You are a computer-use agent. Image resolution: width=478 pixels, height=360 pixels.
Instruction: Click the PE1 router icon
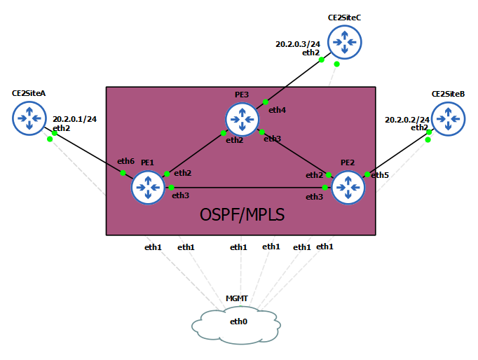point(147,187)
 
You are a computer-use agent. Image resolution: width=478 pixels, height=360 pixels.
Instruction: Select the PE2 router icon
point(348,187)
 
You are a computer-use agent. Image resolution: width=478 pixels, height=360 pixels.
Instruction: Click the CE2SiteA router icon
point(29,118)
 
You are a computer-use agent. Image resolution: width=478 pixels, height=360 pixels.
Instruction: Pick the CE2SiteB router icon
point(448,118)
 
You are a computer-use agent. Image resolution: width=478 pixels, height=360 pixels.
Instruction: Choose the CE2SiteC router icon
point(343,42)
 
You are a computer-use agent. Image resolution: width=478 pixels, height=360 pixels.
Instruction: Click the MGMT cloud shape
point(235,324)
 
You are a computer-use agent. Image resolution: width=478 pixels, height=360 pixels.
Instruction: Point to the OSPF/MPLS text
point(243,214)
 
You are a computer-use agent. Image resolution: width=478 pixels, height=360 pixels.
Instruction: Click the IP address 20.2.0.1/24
point(74,119)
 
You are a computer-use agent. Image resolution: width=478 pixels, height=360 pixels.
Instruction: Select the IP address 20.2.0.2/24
point(407,120)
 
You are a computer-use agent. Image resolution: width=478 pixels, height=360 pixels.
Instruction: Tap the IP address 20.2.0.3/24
point(297,43)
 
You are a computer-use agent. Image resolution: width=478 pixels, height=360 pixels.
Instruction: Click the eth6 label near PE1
point(125,161)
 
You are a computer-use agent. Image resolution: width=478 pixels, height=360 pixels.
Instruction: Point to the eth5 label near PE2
point(379,174)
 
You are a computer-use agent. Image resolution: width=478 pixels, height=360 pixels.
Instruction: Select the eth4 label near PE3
point(277,110)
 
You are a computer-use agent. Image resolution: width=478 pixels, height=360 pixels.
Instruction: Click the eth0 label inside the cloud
point(239,321)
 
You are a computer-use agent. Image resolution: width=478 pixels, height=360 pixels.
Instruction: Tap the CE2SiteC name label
point(343,17)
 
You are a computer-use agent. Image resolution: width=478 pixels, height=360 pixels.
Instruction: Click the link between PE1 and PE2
point(248,187)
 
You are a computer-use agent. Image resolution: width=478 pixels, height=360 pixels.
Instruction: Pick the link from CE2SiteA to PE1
point(88,152)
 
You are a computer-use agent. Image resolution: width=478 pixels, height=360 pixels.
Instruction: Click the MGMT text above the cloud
point(236,298)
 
